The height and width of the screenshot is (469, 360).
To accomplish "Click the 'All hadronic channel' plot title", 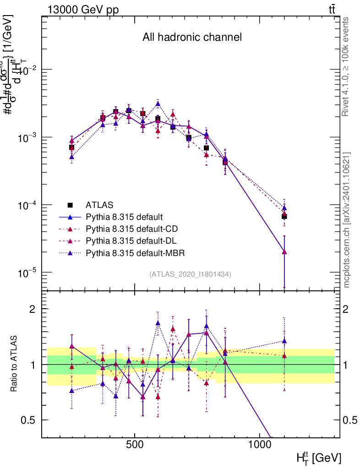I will (191, 37).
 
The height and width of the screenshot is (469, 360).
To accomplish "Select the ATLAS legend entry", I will (99, 204).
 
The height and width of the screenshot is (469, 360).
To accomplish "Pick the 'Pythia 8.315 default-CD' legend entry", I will (130, 229).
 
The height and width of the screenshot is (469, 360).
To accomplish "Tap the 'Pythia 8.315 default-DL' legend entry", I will (130, 240).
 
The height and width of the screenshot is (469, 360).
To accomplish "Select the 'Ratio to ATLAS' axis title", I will (14, 364).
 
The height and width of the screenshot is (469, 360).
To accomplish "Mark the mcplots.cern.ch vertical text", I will (347, 220).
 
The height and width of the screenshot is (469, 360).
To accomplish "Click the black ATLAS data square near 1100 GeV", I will (284, 216).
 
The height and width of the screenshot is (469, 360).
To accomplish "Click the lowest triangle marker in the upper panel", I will (284, 251).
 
